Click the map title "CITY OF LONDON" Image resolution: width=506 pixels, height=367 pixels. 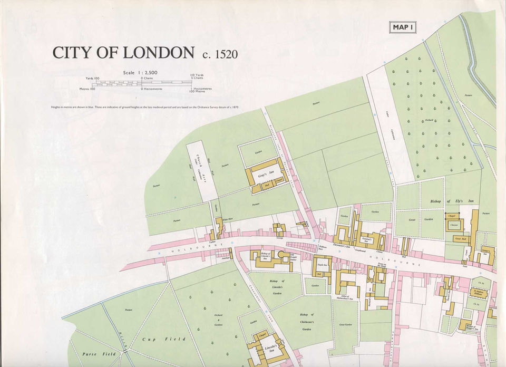click(123, 53)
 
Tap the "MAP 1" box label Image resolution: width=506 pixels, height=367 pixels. click(402, 27)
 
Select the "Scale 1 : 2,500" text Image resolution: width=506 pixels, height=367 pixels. click(140, 72)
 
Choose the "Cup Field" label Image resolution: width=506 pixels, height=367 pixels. click(163, 339)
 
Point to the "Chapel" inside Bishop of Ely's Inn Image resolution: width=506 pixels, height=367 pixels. click(451, 216)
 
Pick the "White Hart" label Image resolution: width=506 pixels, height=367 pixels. click(227, 219)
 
